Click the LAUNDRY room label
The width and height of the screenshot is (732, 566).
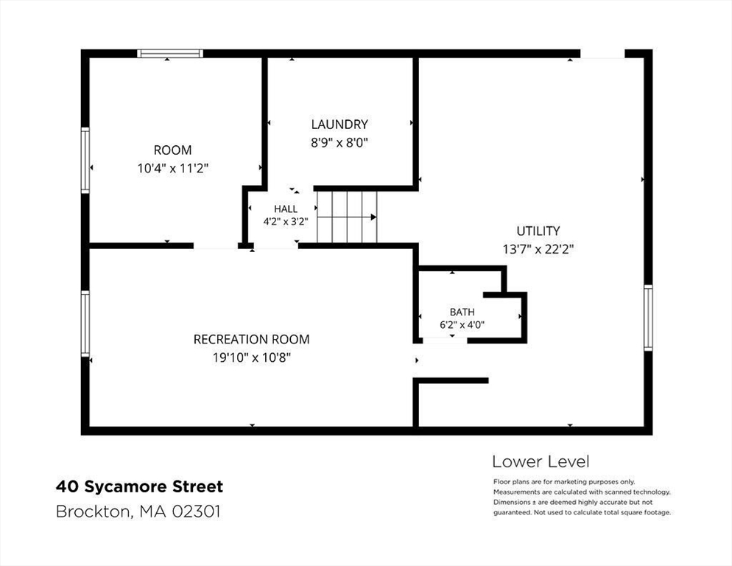click(339, 125)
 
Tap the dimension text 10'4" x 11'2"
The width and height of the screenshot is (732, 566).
click(173, 168)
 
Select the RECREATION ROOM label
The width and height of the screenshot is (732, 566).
click(252, 339)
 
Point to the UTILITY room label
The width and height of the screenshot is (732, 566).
click(538, 231)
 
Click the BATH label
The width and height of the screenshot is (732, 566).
click(462, 312)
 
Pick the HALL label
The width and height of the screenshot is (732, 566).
click(286, 209)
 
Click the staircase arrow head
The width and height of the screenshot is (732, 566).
click(373, 217)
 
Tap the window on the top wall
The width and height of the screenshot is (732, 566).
click(170, 53)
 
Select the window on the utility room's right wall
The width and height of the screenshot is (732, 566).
click(648, 318)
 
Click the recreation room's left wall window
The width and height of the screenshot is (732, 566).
click(85, 323)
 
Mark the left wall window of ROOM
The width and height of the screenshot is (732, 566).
click(85, 161)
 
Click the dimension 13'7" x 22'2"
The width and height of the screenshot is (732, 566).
click(538, 249)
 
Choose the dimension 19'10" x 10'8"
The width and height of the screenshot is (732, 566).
click(252, 357)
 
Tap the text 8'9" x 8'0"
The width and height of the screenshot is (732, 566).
click(339, 142)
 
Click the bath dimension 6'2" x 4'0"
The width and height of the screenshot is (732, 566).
click(462, 324)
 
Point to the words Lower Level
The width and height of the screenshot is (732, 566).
click(541, 462)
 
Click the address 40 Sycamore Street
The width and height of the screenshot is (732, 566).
click(140, 486)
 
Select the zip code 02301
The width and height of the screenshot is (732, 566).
click(196, 511)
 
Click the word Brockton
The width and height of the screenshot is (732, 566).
click(95, 511)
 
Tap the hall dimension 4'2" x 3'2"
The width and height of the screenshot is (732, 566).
click(286, 222)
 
